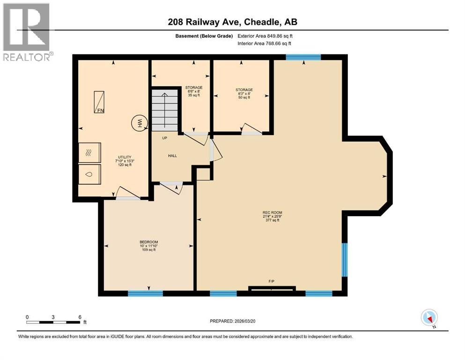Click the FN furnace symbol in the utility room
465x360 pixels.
(x=99, y=102)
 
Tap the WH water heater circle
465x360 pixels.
(x=139, y=122)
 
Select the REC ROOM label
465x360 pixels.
(x=272, y=212)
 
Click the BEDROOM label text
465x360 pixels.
(x=149, y=242)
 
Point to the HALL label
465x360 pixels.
(x=173, y=156)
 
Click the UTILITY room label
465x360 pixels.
(x=125, y=157)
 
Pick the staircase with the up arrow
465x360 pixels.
(x=164, y=110)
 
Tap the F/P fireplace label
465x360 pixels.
(x=271, y=281)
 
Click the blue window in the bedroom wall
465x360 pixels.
(x=145, y=293)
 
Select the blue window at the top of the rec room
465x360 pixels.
(x=303, y=57)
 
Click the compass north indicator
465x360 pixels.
(x=429, y=317)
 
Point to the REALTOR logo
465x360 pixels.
(x=27, y=32)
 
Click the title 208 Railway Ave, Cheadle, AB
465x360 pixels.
(x=232, y=22)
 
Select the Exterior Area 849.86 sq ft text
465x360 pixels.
(x=265, y=36)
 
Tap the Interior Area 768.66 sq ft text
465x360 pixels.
(x=264, y=43)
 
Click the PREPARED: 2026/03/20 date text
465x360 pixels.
(x=232, y=321)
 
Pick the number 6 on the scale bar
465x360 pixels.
(x=80, y=317)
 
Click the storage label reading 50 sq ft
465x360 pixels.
(x=244, y=97)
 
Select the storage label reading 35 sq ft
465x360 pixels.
(x=194, y=95)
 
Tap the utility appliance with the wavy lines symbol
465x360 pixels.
(x=89, y=152)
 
